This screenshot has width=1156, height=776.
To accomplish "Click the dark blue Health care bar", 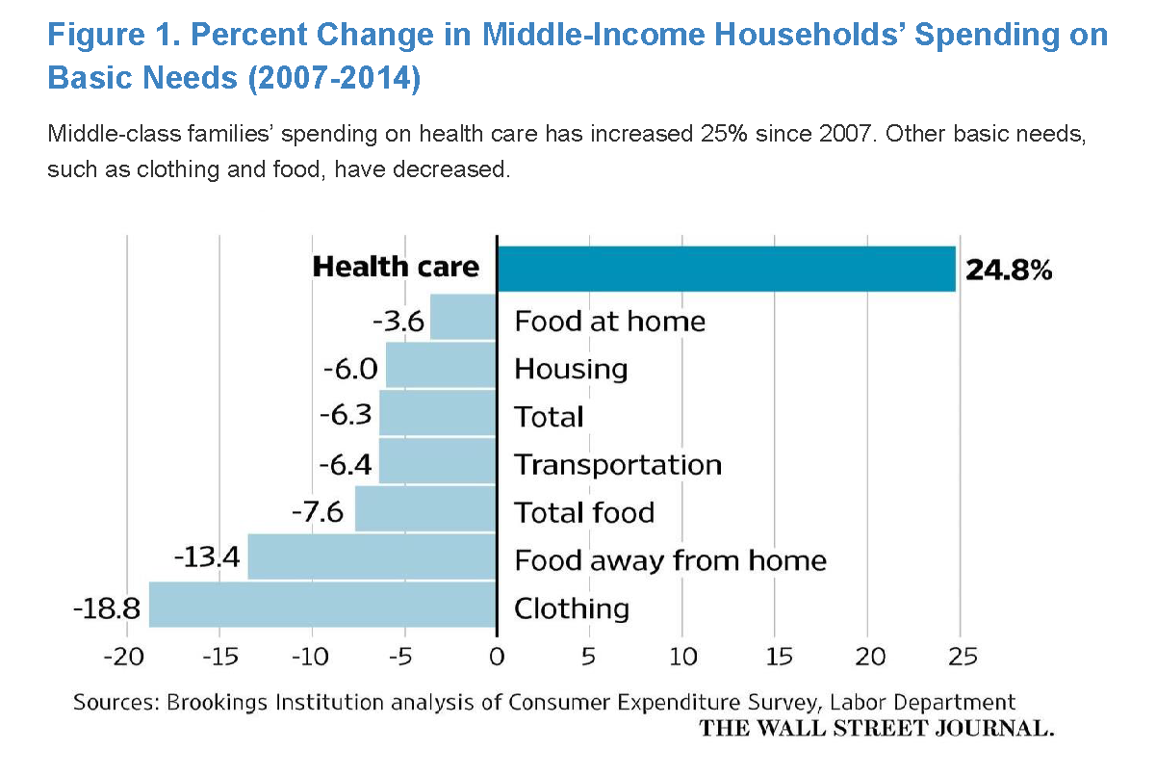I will point(726,269).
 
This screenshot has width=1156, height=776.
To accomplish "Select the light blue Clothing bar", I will point(322,605).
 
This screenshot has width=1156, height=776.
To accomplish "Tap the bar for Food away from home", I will point(372,556).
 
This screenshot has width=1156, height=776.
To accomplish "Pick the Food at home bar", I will point(463,317).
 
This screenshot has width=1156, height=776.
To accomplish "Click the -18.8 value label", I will point(106,608).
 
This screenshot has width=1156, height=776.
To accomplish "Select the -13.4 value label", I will point(206,558).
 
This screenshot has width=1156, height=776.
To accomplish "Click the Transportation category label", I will point(617,465).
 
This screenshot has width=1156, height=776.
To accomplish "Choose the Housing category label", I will point(571,369).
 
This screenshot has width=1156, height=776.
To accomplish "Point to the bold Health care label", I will point(396,267).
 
